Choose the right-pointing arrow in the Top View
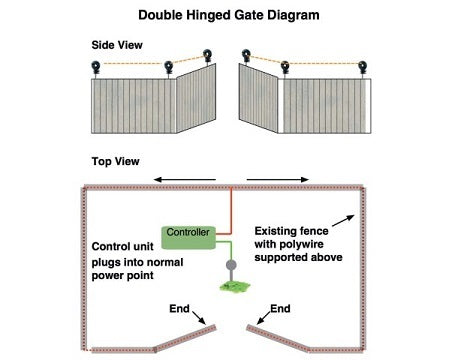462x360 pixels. (279, 180)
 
